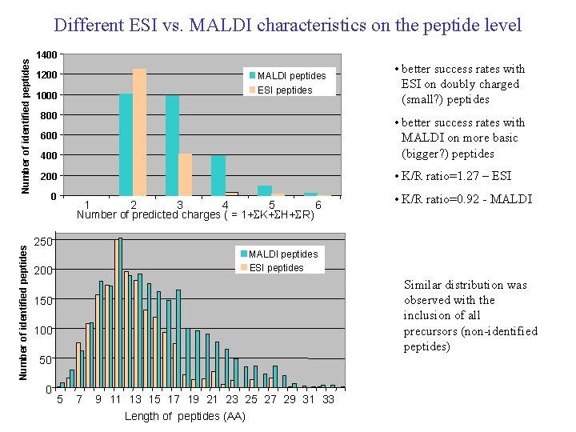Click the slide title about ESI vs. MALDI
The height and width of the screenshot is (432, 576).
pos(288,25)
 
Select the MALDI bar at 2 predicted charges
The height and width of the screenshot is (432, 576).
pos(126,144)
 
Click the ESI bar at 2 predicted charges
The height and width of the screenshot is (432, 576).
pos(139,132)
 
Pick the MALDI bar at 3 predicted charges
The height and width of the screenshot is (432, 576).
pos(172,145)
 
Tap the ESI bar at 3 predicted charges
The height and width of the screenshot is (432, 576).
pos(186,174)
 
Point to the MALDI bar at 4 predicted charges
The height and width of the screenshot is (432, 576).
pos(218,175)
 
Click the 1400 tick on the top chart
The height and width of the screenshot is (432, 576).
pos(46,55)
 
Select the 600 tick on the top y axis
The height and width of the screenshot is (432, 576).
pos(49,136)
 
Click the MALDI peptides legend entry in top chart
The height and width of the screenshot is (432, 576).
pos(290,76)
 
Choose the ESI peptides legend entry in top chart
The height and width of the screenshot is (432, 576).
pos(284,90)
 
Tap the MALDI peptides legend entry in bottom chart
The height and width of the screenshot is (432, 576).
pos(283,254)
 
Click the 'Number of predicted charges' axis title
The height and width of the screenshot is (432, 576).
pos(195,215)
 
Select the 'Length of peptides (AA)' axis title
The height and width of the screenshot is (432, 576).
pos(185,416)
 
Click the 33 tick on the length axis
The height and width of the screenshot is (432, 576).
pos(328,399)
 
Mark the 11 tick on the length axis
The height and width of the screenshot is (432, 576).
pos(116,399)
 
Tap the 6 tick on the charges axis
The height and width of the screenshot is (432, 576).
pos(318,206)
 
